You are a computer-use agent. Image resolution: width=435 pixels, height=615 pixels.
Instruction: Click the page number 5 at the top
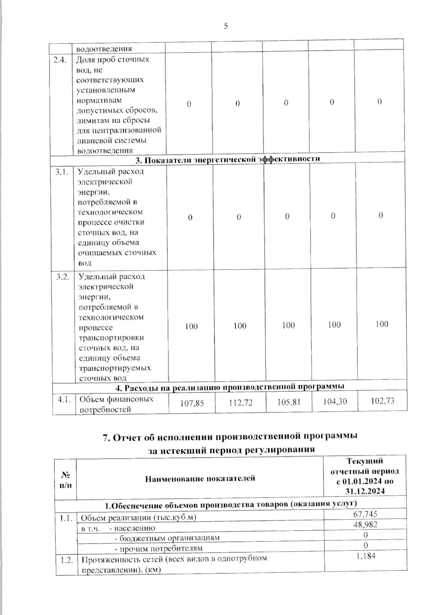coord(226,26)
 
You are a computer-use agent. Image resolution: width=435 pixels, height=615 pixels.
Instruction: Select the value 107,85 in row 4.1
coord(192,403)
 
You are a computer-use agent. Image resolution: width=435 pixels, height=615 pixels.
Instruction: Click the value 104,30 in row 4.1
coord(335,401)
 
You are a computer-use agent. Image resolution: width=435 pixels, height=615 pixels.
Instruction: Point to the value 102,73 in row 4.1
coord(382,401)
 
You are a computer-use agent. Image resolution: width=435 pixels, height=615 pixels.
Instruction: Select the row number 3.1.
coord(62,172)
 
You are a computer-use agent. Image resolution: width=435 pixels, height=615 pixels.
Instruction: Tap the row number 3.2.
coord(63,277)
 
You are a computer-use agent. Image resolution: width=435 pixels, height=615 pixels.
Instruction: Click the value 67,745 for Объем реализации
coord(365,514)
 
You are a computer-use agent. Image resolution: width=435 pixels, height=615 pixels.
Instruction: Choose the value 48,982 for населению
coord(365,524)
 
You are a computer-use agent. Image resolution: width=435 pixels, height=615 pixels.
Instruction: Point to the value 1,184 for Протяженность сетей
coord(366,556)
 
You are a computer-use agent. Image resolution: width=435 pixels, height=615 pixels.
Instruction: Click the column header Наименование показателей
coord(200,478)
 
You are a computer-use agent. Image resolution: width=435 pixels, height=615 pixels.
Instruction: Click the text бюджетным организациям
coord(170,538)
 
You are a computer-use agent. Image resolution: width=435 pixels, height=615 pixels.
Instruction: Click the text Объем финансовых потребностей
coord(116,404)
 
